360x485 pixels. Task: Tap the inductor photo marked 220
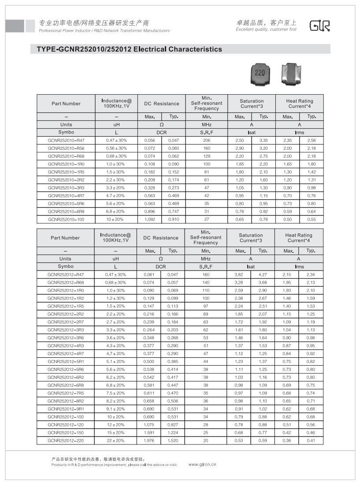click(260, 73)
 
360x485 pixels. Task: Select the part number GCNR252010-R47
click(66, 140)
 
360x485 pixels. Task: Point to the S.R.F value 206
click(207, 140)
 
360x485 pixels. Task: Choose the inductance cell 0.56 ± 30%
click(116, 148)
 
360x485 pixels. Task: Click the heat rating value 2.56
click(312, 140)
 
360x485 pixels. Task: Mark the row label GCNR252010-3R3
click(66, 188)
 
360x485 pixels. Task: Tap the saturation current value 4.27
click(263, 274)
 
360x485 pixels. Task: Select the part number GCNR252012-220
click(65, 441)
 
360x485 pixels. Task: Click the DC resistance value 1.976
click(149, 441)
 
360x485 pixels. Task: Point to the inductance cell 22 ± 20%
click(115, 441)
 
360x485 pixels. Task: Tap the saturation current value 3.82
click(239, 274)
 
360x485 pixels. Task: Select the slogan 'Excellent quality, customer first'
click(266, 30)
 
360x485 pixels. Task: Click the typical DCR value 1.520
click(172, 441)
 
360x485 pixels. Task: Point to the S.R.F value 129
click(207, 156)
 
